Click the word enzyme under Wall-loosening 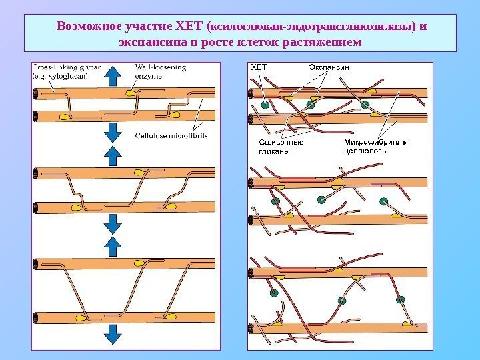tap(149, 75)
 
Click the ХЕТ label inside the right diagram tap(258, 67)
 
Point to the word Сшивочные tap(280, 143)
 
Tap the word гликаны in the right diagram tap(274, 151)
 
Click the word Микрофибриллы tap(375, 143)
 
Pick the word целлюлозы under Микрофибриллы tap(365, 151)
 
